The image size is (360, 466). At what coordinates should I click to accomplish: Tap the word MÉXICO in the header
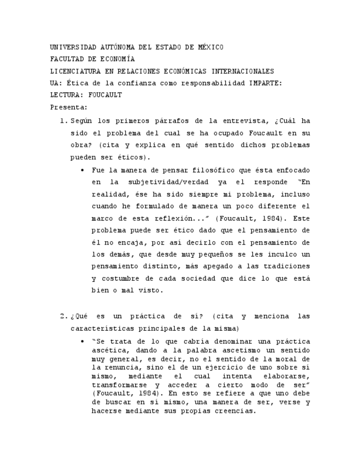pyautogui.click(x=209, y=47)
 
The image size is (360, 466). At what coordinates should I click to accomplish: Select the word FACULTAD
pyautogui.click(x=65, y=59)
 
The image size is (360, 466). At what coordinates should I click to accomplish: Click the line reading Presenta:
pyautogui.click(x=69, y=107)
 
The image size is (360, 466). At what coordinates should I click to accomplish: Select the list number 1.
pyautogui.click(x=63, y=121)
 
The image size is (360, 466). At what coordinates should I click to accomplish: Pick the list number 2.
pyautogui.click(x=63, y=317)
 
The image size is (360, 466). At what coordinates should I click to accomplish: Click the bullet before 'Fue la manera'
pyautogui.click(x=82, y=170)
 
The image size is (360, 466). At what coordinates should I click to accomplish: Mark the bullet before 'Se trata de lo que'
pyautogui.click(x=82, y=342)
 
